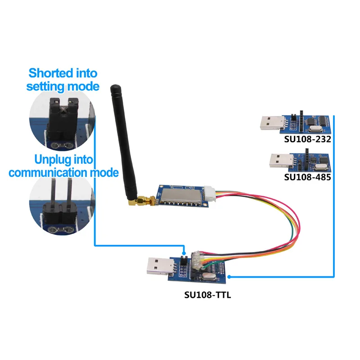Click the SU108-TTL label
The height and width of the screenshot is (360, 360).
[207, 296]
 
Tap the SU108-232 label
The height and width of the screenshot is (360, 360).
[307, 139]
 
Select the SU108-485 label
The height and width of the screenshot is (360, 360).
[307, 177]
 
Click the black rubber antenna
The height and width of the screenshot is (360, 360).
[121, 135]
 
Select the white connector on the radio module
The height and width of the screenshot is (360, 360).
[210, 194]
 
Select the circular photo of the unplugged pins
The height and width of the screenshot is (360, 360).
[61, 207]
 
